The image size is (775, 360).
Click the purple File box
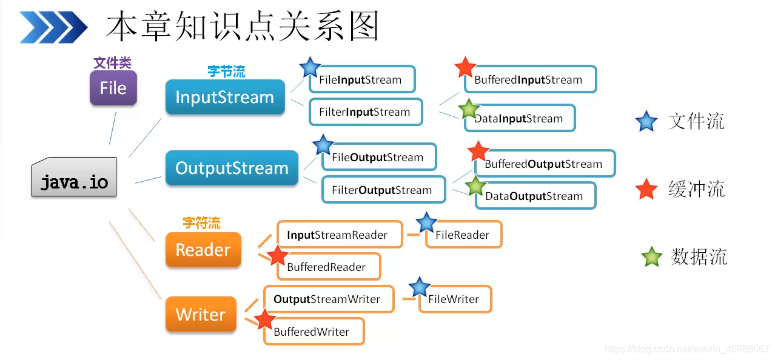click(113, 88)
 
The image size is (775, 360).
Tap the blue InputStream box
click(225, 97)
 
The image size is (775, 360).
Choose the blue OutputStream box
click(232, 168)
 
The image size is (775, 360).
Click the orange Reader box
click(203, 250)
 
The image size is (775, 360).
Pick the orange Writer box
click(201, 315)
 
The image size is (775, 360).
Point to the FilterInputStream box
click(365, 112)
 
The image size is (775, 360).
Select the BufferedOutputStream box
click(545, 164)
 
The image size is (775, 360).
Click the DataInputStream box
click(520, 119)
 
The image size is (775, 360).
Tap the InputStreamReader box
click(340, 235)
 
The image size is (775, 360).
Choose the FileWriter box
click(455, 299)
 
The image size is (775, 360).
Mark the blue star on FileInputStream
click(310, 67)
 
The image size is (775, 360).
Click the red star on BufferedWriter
click(264, 319)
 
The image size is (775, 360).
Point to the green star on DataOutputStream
click(475, 186)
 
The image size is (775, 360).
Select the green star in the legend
click(652, 257)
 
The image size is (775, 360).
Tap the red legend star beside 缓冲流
click(647, 190)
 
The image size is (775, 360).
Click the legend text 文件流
click(696, 122)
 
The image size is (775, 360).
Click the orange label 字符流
click(201, 224)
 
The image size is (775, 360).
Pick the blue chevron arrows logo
click(53, 27)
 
